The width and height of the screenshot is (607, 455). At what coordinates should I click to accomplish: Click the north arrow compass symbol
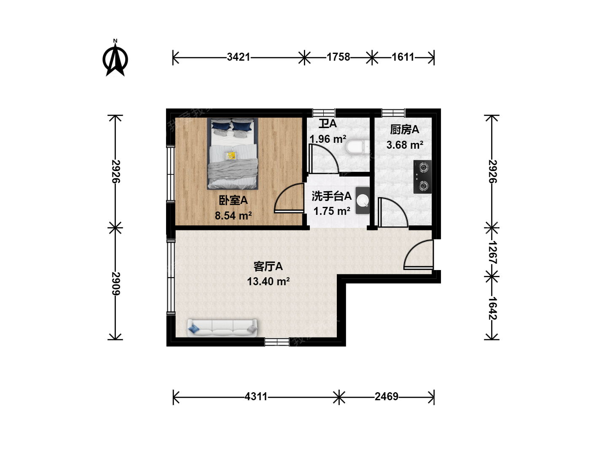(115, 58)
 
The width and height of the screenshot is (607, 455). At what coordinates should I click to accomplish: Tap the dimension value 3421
(239, 57)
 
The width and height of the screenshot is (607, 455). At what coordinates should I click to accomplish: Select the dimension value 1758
(338, 57)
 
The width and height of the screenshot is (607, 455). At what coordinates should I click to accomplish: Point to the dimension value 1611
(403, 57)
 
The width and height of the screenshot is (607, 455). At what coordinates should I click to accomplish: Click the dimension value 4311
(256, 397)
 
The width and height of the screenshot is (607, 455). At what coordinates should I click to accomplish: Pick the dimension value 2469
(386, 397)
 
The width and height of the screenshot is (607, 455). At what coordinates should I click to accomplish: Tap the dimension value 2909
(115, 284)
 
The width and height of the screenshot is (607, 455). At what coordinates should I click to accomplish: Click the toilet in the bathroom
(357, 147)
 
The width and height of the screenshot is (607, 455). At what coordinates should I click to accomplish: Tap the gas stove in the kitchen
(422, 177)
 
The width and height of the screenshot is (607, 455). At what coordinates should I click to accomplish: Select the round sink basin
(363, 201)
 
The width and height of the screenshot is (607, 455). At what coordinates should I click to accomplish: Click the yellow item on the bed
(231, 155)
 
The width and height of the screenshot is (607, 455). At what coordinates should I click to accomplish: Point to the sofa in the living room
(222, 328)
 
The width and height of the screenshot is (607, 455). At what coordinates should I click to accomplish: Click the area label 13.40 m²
(268, 281)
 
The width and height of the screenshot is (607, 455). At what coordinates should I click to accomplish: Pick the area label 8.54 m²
(233, 215)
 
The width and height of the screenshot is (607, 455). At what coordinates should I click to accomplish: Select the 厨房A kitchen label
(405, 130)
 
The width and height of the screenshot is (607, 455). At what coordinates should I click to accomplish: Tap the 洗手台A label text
(332, 196)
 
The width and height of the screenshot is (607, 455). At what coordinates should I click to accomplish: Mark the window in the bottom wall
(277, 342)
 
